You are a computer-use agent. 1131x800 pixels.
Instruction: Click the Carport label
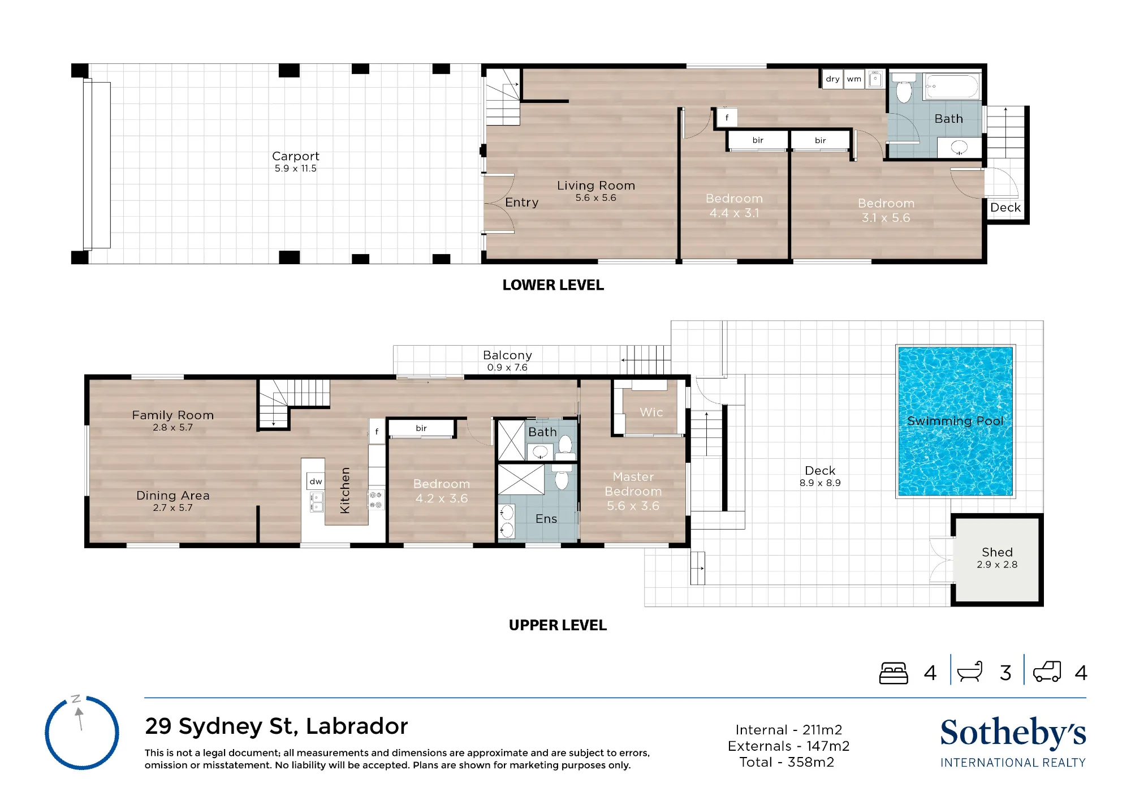click(x=296, y=156)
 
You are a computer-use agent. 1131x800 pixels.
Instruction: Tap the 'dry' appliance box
click(x=832, y=79)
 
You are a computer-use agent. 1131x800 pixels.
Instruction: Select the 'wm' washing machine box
click(x=854, y=79)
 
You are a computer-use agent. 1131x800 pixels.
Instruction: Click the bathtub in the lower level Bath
click(x=952, y=87)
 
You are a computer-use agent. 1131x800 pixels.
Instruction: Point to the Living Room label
click(x=596, y=186)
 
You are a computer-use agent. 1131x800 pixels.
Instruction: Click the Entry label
click(x=521, y=203)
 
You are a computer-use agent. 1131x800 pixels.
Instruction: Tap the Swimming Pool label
click(x=955, y=421)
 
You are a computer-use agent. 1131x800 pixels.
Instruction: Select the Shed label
click(x=997, y=552)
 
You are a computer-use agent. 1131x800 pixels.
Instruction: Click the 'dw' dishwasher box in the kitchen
click(x=316, y=481)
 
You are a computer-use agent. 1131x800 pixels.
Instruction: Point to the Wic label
click(x=651, y=412)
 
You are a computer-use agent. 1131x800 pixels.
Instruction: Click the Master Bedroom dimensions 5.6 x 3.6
click(x=633, y=506)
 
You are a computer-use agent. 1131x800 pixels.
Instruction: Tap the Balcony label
click(x=507, y=355)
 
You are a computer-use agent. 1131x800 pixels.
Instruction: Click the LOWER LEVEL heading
click(x=553, y=285)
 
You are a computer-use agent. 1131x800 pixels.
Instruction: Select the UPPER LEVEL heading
click(x=558, y=625)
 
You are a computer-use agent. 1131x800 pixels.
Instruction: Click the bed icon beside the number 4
click(x=893, y=673)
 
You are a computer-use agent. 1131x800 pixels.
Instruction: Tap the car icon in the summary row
click(x=1047, y=672)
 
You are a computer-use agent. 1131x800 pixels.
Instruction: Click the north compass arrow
click(x=80, y=719)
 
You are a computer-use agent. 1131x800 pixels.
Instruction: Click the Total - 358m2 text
click(x=787, y=762)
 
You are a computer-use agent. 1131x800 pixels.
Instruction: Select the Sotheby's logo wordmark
click(x=1013, y=733)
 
